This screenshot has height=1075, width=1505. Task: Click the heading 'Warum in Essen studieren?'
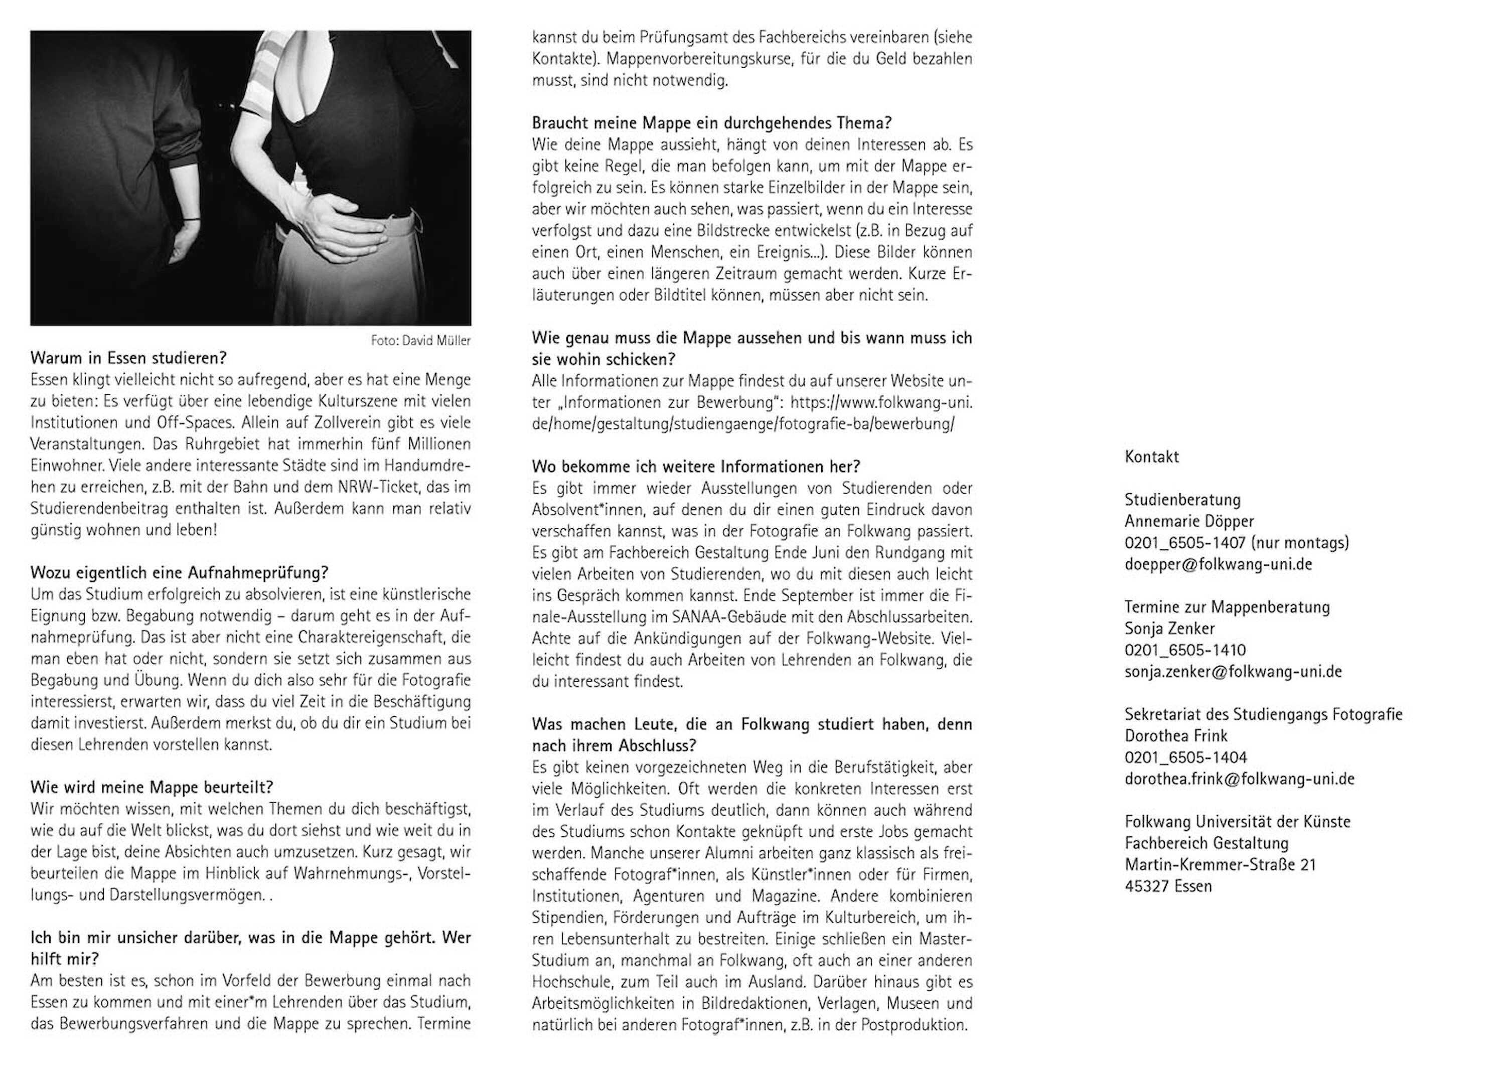[x=128, y=358]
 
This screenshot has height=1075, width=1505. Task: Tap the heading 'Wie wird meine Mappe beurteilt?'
[x=152, y=787]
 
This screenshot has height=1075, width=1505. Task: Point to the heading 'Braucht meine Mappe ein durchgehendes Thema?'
[x=711, y=123]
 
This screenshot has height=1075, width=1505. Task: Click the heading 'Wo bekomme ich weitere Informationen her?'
[x=696, y=466]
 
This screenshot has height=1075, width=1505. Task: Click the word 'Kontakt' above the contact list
[x=1152, y=457]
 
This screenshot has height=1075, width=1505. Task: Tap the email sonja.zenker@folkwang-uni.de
[x=1232, y=672]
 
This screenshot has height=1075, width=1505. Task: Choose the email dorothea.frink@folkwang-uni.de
[x=1239, y=779]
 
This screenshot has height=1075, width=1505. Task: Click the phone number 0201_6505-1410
[x=1184, y=650]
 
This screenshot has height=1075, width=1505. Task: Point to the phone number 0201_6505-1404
[x=1184, y=757]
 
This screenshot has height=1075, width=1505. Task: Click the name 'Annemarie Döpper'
[x=1188, y=522]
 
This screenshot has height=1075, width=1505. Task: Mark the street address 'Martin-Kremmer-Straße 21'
[x=1220, y=864]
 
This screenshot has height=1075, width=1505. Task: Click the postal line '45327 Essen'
[x=1168, y=886]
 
